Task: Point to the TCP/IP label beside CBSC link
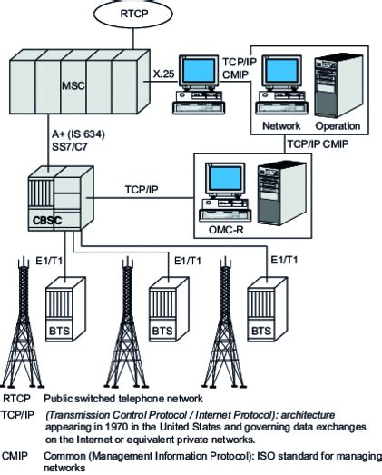click(141, 190)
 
